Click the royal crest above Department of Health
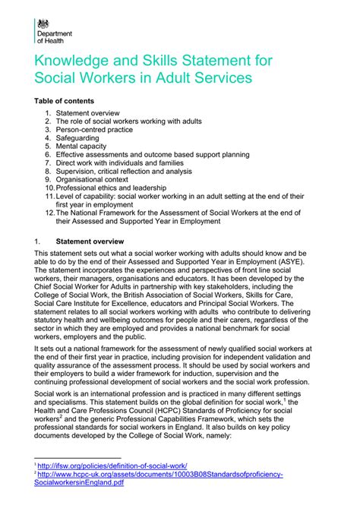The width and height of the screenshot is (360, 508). [43, 24]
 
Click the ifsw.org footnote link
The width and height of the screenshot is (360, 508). [113, 465]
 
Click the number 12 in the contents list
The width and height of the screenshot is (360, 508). [48, 213]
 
